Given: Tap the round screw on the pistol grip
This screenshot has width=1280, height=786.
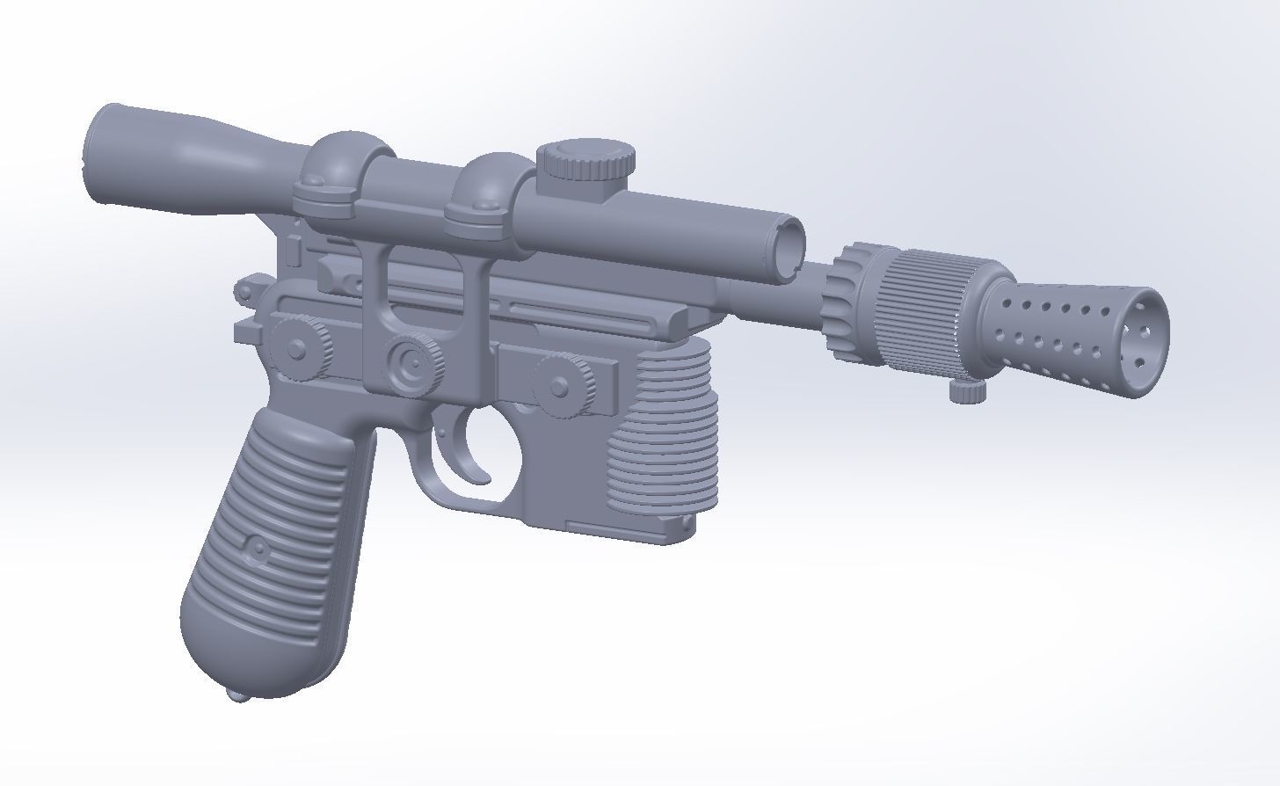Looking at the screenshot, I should pos(258,550).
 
